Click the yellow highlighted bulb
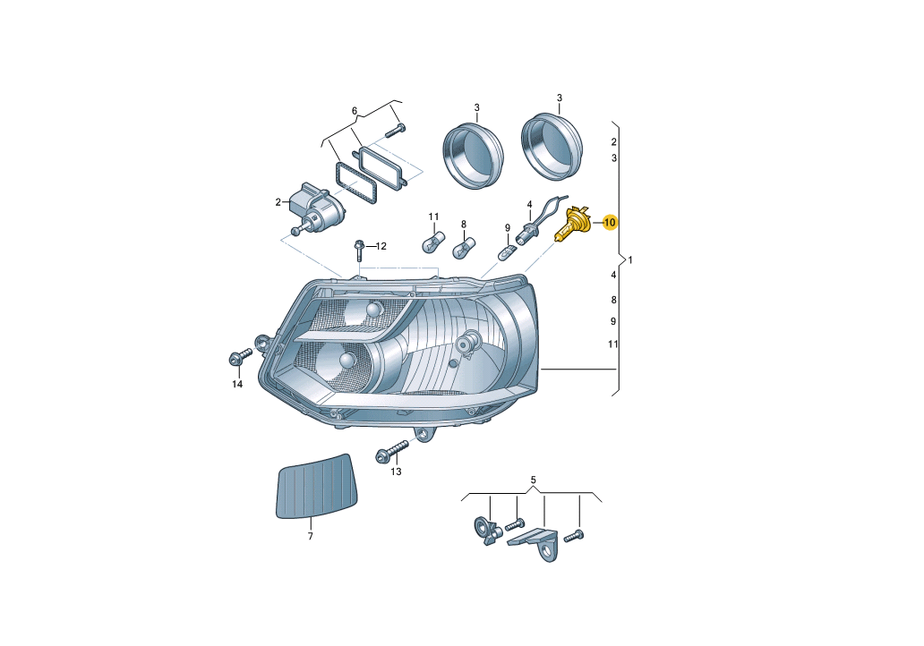point(573,225)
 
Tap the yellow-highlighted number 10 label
point(610,223)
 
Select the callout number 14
point(237,385)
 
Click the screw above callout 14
point(239,357)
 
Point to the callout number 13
point(396,472)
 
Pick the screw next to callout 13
point(392,451)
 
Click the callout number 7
point(311,537)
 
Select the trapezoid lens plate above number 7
point(317,487)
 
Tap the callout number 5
point(533,480)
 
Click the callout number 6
point(355,111)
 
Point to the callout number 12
point(381,246)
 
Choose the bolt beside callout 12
point(359,251)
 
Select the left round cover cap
point(474,156)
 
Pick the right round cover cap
point(552,146)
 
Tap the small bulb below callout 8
point(465,247)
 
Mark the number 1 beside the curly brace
point(630,259)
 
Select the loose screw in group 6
point(395,130)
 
